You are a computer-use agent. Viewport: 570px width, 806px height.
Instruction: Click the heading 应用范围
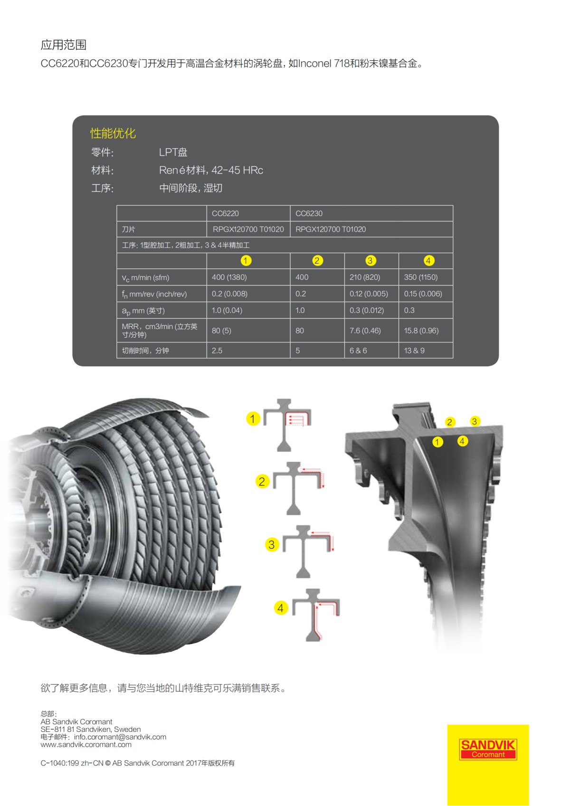tap(64, 45)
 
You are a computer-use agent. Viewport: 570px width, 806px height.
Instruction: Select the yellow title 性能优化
tap(113, 133)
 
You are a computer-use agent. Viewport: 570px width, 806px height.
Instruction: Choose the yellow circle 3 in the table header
tap(370, 261)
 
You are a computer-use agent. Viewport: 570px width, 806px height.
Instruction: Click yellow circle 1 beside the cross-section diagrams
tap(253, 419)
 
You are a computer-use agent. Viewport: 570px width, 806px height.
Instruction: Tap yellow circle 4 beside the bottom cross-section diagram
tap(281, 608)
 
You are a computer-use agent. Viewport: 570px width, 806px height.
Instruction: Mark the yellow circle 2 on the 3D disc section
tap(449, 422)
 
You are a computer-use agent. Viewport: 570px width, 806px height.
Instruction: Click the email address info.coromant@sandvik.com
tap(120, 737)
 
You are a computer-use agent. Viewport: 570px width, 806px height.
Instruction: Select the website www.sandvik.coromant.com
tap(86, 745)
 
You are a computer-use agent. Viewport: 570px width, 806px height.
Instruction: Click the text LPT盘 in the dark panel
tap(173, 152)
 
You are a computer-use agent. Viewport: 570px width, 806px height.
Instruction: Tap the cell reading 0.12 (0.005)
tap(369, 294)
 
